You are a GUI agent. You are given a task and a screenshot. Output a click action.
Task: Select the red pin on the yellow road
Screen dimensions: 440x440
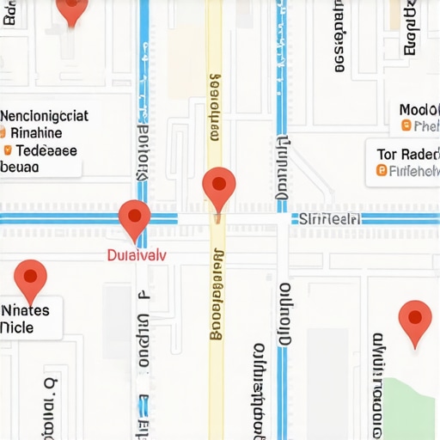tap(218, 186)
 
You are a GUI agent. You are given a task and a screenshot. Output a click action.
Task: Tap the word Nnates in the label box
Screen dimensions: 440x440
tap(26, 310)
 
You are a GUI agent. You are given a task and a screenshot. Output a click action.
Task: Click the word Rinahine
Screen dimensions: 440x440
tap(36, 133)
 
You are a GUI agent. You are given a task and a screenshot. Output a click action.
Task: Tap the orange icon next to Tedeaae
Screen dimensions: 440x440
tap(8, 150)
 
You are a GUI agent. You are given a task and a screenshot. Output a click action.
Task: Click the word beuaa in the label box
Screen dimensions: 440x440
tap(21, 168)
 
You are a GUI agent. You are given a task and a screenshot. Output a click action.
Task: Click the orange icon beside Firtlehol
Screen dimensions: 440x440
tap(382, 170)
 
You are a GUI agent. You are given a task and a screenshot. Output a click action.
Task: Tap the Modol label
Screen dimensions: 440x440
tap(419, 110)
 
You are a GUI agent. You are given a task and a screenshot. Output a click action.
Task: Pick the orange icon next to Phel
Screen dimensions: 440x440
tap(406, 126)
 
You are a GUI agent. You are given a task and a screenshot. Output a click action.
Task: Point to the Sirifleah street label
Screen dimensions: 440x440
tap(328, 219)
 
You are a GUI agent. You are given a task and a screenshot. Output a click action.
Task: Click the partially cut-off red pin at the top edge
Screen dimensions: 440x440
tap(71, 9)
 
